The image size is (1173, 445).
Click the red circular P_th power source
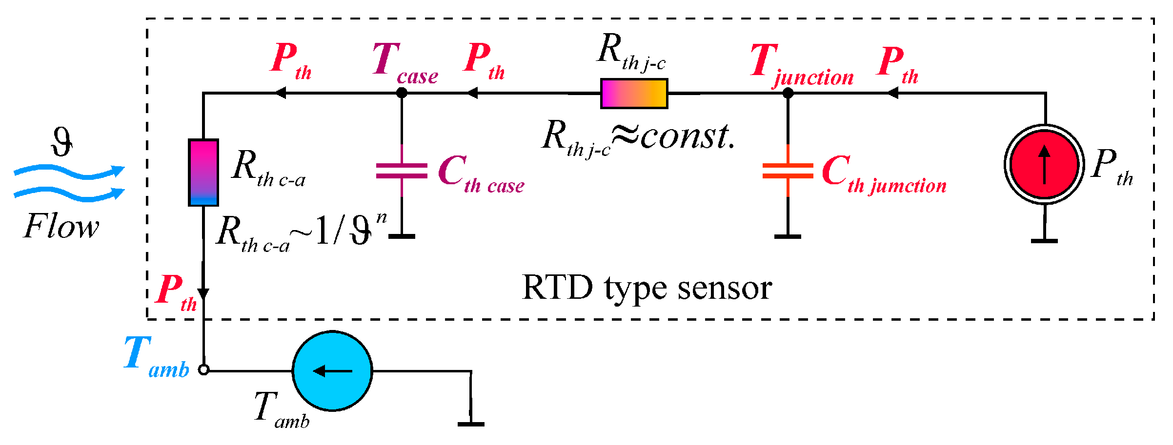point(1044,164)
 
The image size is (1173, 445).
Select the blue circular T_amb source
point(332,371)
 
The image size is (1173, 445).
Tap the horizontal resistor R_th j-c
point(634,94)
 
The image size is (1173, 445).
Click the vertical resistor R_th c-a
point(203,173)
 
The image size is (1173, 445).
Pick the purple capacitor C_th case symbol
point(402,171)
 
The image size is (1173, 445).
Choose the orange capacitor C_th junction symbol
point(788,171)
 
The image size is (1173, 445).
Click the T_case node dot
point(402,93)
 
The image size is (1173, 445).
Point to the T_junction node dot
point(788,93)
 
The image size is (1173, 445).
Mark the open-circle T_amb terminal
point(203,370)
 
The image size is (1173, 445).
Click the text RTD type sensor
point(647,289)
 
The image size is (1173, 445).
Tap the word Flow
point(61,227)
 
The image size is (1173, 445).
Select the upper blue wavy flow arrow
point(68,172)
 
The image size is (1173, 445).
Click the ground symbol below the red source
point(1044,240)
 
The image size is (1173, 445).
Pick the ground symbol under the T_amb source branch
point(471,424)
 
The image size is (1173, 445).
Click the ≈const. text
point(673,136)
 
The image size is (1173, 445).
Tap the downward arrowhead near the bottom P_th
point(203,293)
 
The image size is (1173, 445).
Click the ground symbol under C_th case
point(402,236)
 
